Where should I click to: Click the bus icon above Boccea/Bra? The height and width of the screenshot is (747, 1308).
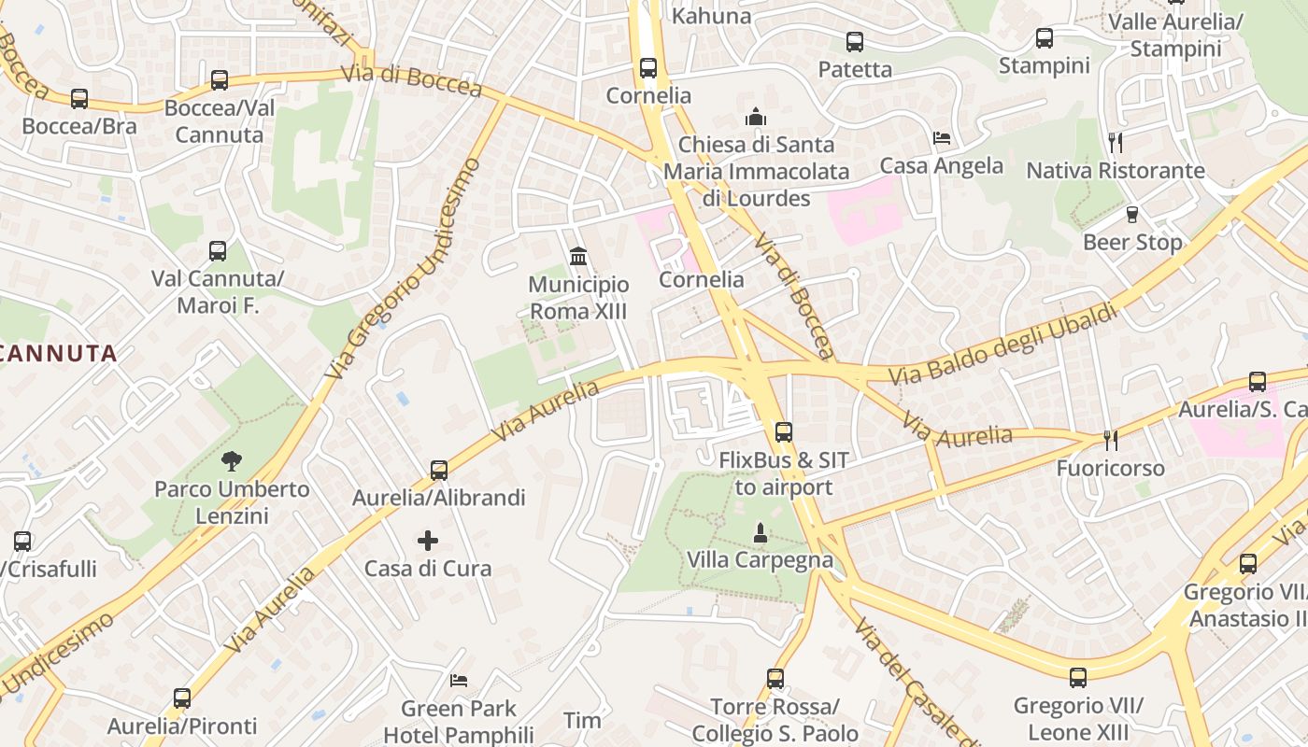click(x=79, y=99)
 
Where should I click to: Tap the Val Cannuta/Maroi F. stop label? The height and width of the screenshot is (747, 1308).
click(x=218, y=292)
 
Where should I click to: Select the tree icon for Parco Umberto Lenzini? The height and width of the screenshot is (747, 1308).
click(x=231, y=459)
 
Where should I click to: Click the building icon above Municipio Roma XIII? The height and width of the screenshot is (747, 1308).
click(x=578, y=256)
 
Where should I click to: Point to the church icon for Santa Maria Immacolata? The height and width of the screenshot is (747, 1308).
click(x=755, y=117)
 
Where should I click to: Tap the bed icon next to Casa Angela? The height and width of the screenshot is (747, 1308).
click(x=942, y=138)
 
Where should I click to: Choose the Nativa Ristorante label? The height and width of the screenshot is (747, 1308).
click(x=1116, y=171)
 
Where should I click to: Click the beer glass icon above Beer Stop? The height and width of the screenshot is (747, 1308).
click(x=1132, y=215)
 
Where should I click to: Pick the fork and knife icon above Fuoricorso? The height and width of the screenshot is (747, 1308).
click(x=1110, y=440)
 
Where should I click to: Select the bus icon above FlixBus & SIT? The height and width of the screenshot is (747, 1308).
click(x=783, y=432)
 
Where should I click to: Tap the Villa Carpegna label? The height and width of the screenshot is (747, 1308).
click(x=760, y=559)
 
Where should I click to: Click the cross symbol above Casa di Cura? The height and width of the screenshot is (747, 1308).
click(x=428, y=540)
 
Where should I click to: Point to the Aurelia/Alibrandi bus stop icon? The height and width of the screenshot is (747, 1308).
click(x=439, y=470)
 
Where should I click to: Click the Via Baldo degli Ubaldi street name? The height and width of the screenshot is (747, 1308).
click(x=1003, y=345)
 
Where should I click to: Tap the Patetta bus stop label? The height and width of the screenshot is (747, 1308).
click(x=855, y=69)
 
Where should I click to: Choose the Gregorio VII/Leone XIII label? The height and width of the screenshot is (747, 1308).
click(x=1078, y=718)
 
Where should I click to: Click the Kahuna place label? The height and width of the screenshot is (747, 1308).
click(x=711, y=16)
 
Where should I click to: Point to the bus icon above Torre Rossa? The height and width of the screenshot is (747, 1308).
click(x=775, y=679)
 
